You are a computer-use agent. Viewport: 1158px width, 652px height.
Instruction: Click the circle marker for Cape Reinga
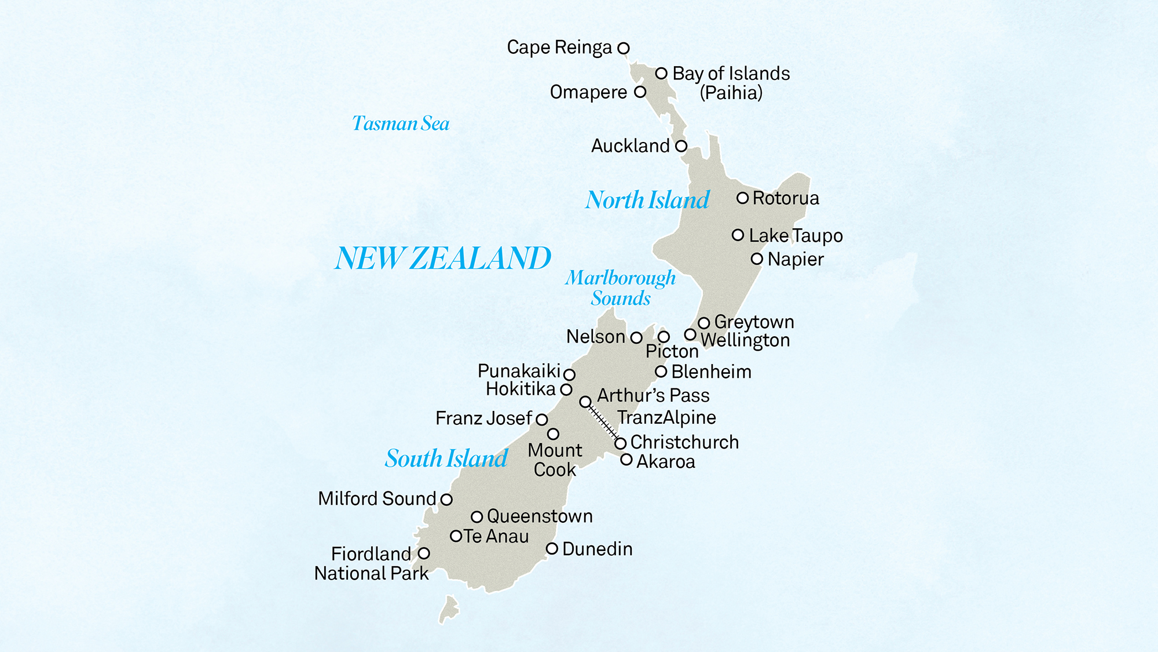point(623,48)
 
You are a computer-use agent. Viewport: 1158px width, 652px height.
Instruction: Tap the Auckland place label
point(630,146)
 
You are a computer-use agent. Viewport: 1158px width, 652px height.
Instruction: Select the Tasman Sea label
point(401,123)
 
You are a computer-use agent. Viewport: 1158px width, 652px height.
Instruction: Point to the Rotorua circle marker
point(742,198)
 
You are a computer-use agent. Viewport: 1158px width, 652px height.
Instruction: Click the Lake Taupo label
point(796,236)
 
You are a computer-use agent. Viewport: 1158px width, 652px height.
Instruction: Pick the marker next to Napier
point(757,259)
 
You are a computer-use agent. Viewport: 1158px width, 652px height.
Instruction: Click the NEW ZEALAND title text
point(443,258)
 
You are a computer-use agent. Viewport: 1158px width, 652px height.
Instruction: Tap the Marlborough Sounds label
point(621,288)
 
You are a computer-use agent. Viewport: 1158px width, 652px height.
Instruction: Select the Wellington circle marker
point(690,334)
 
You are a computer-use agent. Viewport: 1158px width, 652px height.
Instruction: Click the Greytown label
point(754,322)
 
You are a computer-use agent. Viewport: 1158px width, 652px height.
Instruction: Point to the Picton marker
point(664,337)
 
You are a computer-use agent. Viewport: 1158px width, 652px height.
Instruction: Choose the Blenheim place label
point(711,372)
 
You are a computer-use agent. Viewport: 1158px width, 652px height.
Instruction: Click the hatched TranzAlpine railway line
point(603,422)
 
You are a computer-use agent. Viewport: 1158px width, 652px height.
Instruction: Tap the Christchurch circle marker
point(620,443)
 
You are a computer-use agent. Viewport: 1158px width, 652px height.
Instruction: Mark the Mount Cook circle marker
point(553,434)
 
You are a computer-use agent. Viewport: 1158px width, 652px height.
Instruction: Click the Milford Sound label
point(377,499)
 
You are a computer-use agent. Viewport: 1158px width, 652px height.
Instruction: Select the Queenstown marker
point(477,516)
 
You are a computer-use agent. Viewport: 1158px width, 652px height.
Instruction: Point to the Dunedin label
point(597,549)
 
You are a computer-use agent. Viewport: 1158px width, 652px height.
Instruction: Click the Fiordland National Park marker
point(424,553)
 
